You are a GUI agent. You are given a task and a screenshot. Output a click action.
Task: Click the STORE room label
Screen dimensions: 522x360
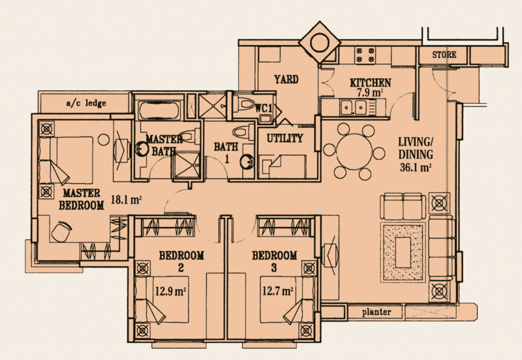click(444, 55)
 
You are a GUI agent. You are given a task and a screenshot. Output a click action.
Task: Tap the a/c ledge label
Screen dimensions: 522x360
click(86, 103)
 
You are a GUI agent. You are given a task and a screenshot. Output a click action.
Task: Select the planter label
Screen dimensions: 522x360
click(376, 312)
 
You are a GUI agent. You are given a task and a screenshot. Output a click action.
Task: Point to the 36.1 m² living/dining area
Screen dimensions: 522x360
click(416, 168)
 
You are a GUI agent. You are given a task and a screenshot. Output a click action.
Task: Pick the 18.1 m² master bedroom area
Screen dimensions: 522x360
click(126, 200)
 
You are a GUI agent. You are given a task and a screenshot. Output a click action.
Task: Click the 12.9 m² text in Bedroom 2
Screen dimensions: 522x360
click(170, 292)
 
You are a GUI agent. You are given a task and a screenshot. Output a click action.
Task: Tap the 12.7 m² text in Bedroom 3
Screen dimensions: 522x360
click(278, 292)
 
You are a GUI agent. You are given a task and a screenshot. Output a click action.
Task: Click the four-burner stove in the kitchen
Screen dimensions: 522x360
click(365, 55)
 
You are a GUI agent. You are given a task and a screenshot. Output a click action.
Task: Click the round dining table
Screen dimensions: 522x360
click(354, 151)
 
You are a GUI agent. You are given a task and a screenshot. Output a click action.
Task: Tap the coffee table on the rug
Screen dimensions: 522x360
click(403, 252)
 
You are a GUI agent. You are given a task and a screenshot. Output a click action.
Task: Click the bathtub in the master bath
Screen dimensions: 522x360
click(159, 110)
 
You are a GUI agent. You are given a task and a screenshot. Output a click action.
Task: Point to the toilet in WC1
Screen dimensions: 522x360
click(244, 103)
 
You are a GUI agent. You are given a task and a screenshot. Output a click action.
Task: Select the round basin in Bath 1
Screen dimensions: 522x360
click(246, 161)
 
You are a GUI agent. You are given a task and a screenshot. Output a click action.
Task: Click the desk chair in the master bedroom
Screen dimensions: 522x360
click(61, 232)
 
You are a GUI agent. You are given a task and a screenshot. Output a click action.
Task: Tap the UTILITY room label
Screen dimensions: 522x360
click(285, 138)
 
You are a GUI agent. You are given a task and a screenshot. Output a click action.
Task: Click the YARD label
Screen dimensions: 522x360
click(286, 80)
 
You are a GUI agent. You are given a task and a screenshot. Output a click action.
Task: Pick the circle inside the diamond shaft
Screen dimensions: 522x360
click(320, 42)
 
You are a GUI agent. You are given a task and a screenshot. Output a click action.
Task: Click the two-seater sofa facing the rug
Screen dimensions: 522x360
click(403, 206)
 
